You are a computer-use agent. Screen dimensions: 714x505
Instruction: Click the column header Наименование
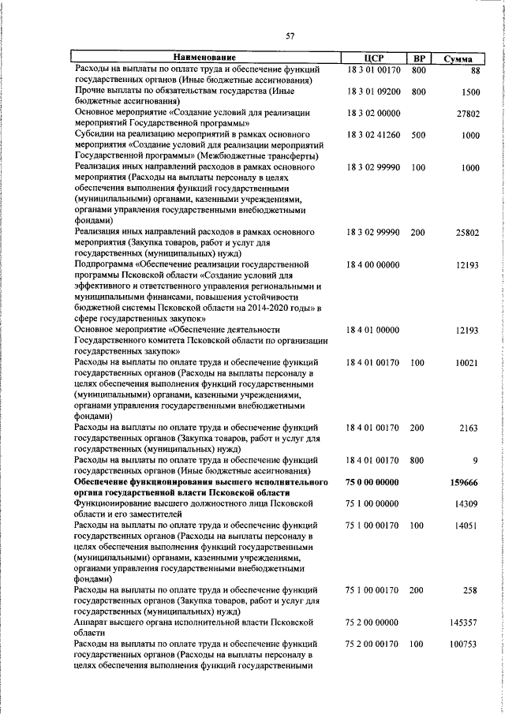coord(204,58)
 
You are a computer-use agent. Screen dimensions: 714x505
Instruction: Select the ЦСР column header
coord(373,58)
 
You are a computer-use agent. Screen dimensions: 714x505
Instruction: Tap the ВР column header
coord(419,58)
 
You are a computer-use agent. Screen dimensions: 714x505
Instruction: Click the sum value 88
coord(474,70)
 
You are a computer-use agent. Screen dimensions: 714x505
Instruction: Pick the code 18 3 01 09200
coord(373,92)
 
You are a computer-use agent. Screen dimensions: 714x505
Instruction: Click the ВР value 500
coord(418,135)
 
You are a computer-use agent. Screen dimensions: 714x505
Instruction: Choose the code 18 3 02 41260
coord(373,135)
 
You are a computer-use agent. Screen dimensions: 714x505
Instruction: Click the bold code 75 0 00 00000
coord(373,481)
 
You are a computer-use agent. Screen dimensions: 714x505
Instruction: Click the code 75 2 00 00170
coord(373,644)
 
